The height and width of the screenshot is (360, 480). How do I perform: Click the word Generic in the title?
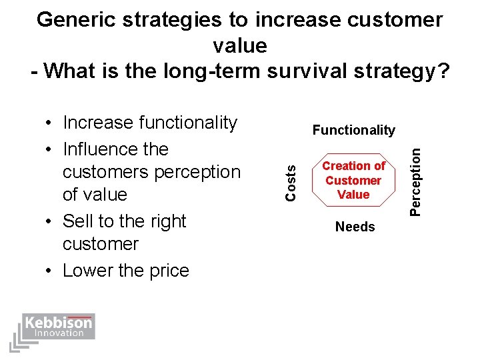[x=75, y=20]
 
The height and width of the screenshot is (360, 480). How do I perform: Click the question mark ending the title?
[x=443, y=69]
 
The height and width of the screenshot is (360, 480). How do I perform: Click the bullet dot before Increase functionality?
[x=51, y=123]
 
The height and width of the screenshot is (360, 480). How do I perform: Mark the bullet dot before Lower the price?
[x=51, y=271]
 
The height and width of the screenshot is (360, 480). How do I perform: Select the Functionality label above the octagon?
[x=353, y=130]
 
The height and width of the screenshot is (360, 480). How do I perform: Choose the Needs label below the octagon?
[x=355, y=227]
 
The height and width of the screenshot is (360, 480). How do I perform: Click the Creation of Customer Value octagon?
[x=353, y=180]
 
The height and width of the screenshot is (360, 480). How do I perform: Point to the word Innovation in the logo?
[x=59, y=333]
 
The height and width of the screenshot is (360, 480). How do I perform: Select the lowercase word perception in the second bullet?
[x=197, y=172]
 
